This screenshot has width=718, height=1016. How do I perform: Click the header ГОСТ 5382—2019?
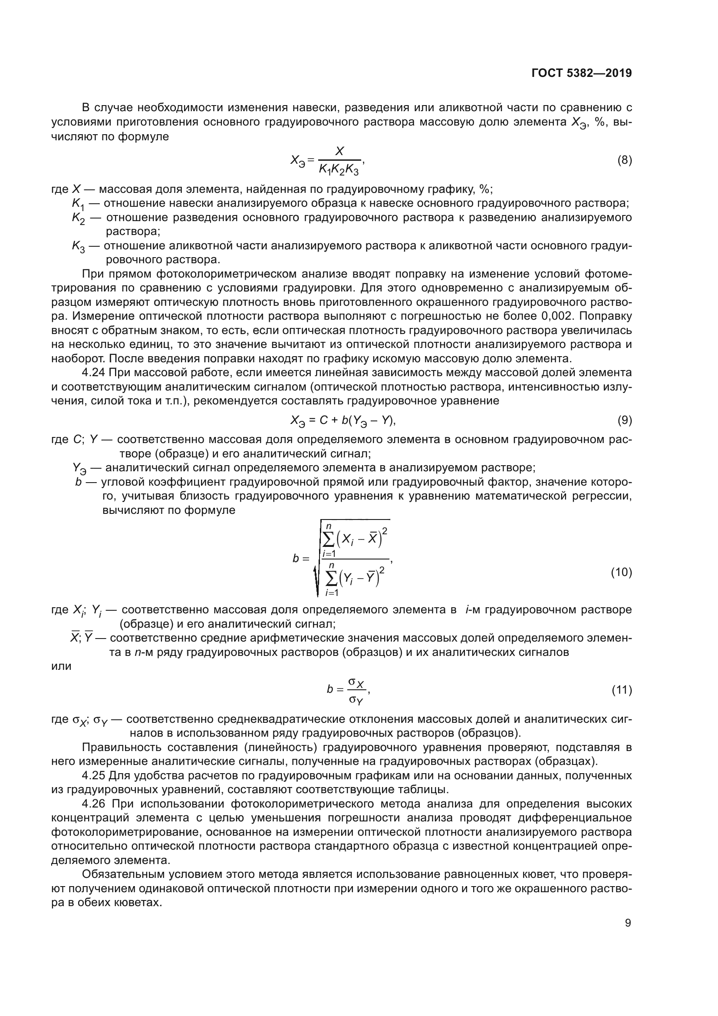point(581,73)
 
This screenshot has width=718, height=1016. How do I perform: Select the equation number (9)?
point(624,420)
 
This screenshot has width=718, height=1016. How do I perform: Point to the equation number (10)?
point(621,572)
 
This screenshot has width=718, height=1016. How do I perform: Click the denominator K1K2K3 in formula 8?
point(339,169)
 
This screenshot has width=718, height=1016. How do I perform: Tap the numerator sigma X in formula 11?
point(356,684)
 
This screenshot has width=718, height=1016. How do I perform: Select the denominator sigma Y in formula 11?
point(356,700)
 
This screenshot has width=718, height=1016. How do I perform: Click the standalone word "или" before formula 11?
point(61,666)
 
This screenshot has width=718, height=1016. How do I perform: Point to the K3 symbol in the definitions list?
point(78,246)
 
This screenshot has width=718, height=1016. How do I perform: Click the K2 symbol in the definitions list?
point(78,218)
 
